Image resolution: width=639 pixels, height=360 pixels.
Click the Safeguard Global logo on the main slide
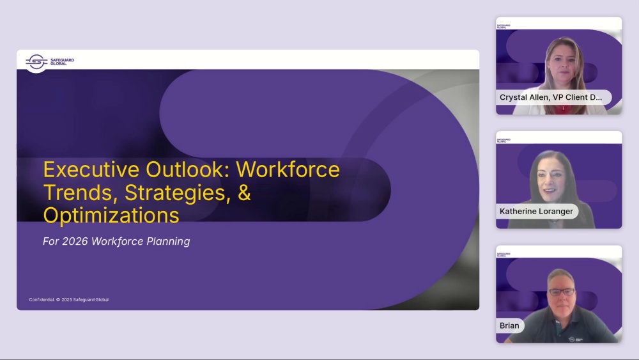click(x=50, y=62)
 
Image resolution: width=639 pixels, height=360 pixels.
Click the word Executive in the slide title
click(x=91, y=169)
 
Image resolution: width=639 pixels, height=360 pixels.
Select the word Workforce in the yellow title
click(x=288, y=169)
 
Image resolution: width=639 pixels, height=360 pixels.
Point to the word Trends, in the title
click(x=81, y=192)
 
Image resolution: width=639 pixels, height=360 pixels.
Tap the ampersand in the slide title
click(x=244, y=192)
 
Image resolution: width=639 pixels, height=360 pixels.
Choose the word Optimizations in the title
click(x=111, y=215)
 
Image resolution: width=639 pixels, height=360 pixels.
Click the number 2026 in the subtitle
click(x=75, y=241)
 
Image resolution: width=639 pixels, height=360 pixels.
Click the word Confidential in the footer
click(x=42, y=300)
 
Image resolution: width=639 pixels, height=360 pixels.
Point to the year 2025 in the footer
click(x=67, y=300)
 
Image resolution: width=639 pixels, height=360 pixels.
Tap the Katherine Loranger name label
click(x=537, y=211)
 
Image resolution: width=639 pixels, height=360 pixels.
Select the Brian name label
click(x=510, y=325)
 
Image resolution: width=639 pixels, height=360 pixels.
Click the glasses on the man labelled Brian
click(x=562, y=292)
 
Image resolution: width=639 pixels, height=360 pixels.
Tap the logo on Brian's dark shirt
click(x=576, y=339)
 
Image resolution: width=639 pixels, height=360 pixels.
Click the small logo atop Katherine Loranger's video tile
click(x=504, y=140)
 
